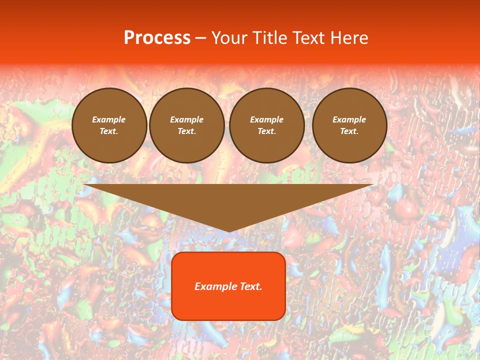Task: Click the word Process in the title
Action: (157, 38)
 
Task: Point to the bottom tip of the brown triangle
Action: (228, 231)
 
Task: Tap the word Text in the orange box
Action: (251, 286)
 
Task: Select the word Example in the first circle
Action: (109, 120)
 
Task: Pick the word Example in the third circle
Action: (267, 120)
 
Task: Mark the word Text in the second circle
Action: (186, 131)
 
